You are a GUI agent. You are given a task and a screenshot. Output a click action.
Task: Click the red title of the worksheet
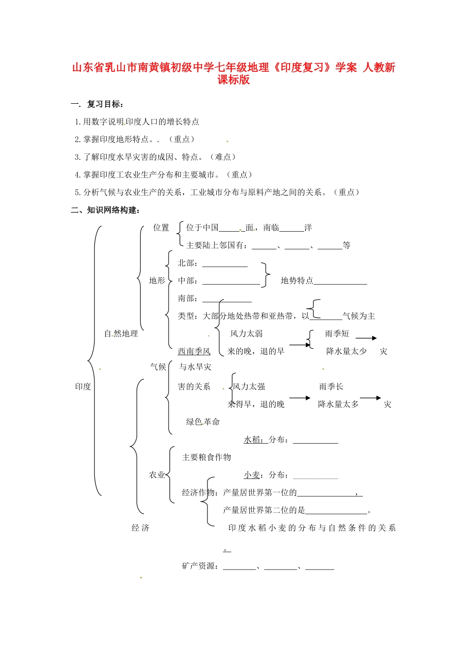[x=233, y=73]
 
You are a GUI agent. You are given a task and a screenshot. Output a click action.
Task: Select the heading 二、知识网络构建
[x=105, y=210]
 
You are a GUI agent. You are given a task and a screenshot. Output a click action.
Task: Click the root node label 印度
[x=83, y=387]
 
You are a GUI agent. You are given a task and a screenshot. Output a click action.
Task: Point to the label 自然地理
[x=121, y=333]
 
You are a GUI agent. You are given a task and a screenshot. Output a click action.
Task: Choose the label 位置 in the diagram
[x=161, y=227]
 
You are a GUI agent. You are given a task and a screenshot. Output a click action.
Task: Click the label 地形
[x=157, y=280]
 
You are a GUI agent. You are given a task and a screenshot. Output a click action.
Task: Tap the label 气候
[x=158, y=367]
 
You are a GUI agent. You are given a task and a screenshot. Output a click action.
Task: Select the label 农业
[x=157, y=475]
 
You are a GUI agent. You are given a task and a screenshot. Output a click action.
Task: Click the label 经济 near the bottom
[x=140, y=528]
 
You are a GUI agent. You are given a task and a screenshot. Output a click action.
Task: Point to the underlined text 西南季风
[x=194, y=351]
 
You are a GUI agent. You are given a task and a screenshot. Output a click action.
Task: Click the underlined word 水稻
[x=253, y=439]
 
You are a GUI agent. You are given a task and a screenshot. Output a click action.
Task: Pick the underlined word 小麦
[x=252, y=475]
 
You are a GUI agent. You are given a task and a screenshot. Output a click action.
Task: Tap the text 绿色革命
[x=203, y=421]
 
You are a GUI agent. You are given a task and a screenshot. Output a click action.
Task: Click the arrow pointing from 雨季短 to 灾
[x=366, y=338]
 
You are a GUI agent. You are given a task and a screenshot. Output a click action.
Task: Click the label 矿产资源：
[x=200, y=566]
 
